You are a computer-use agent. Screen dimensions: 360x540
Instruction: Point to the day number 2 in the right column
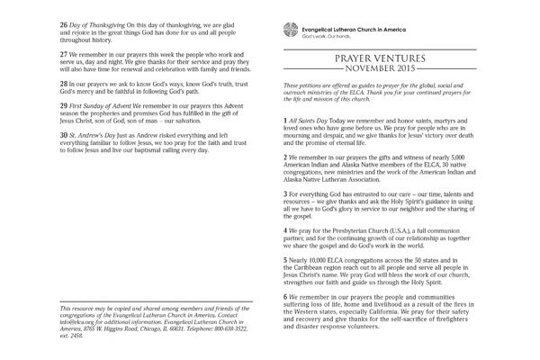click(285, 156)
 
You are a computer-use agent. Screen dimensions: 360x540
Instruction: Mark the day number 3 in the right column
click(285, 194)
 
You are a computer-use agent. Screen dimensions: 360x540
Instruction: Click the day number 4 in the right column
click(285, 230)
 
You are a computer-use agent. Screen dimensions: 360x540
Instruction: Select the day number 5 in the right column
click(285, 257)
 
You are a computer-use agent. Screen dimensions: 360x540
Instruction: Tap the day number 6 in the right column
click(285, 296)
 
